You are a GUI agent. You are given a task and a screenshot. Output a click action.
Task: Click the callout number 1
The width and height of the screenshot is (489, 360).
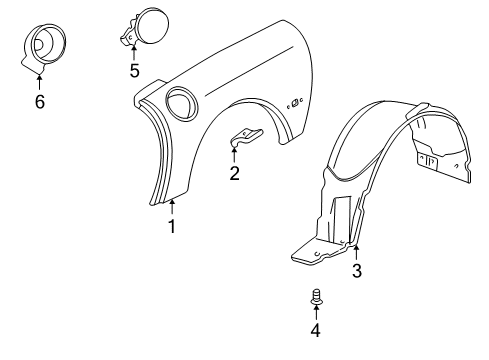(x=171, y=227)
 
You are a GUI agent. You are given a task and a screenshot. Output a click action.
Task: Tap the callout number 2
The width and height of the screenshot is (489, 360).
(x=234, y=174)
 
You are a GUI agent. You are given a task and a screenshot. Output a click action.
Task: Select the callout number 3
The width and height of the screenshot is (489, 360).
(x=357, y=269)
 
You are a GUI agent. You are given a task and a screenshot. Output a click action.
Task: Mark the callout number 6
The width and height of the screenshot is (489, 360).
(x=39, y=101)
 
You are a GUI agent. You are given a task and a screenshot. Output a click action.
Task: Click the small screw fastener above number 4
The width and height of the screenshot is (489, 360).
(x=316, y=297)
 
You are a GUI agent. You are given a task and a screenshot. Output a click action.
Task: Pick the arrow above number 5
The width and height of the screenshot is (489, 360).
(x=134, y=52)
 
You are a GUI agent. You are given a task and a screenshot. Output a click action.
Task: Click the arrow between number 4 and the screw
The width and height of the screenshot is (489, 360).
(x=316, y=312)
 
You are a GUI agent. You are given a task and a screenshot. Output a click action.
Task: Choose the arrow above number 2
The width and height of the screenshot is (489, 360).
(x=234, y=153)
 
